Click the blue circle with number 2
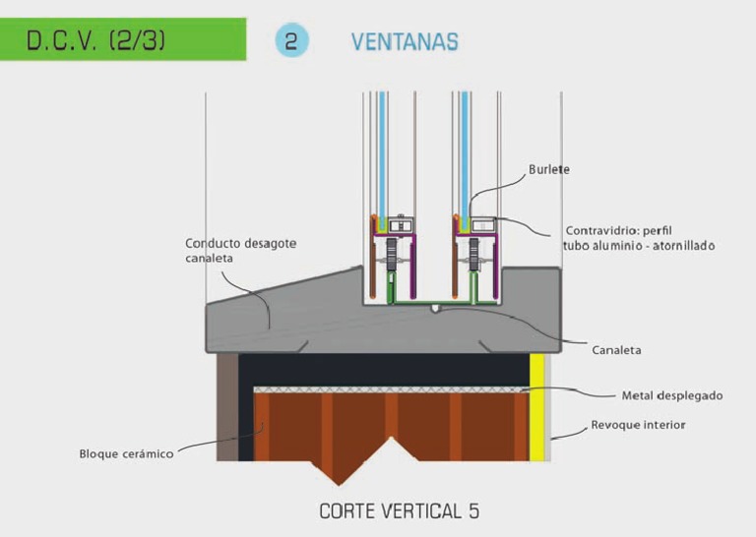(x=291, y=41)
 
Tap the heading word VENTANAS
(x=405, y=42)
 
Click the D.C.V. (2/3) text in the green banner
(x=95, y=40)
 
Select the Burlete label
(x=548, y=169)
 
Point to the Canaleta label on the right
(x=616, y=350)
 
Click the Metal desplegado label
(x=672, y=396)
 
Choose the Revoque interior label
(x=638, y=425)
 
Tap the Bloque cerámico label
(x=126, y=453)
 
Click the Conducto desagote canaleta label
(x=240, y=251)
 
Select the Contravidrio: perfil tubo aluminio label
(x=639, y=238)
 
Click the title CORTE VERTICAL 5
(x=400, y=511)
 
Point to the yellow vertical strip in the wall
(x=536, y=407)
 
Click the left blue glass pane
(x=382, y=159)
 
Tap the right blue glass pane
(x=465, y=159)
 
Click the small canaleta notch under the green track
(x=435, y=308)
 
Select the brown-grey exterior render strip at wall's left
(x=227, y=407)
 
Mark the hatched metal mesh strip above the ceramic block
(x=392, y=389)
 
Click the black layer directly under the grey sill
(x=384, y=370)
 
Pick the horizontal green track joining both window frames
(x=444, y=303)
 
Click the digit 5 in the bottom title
(x=473, y=511)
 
